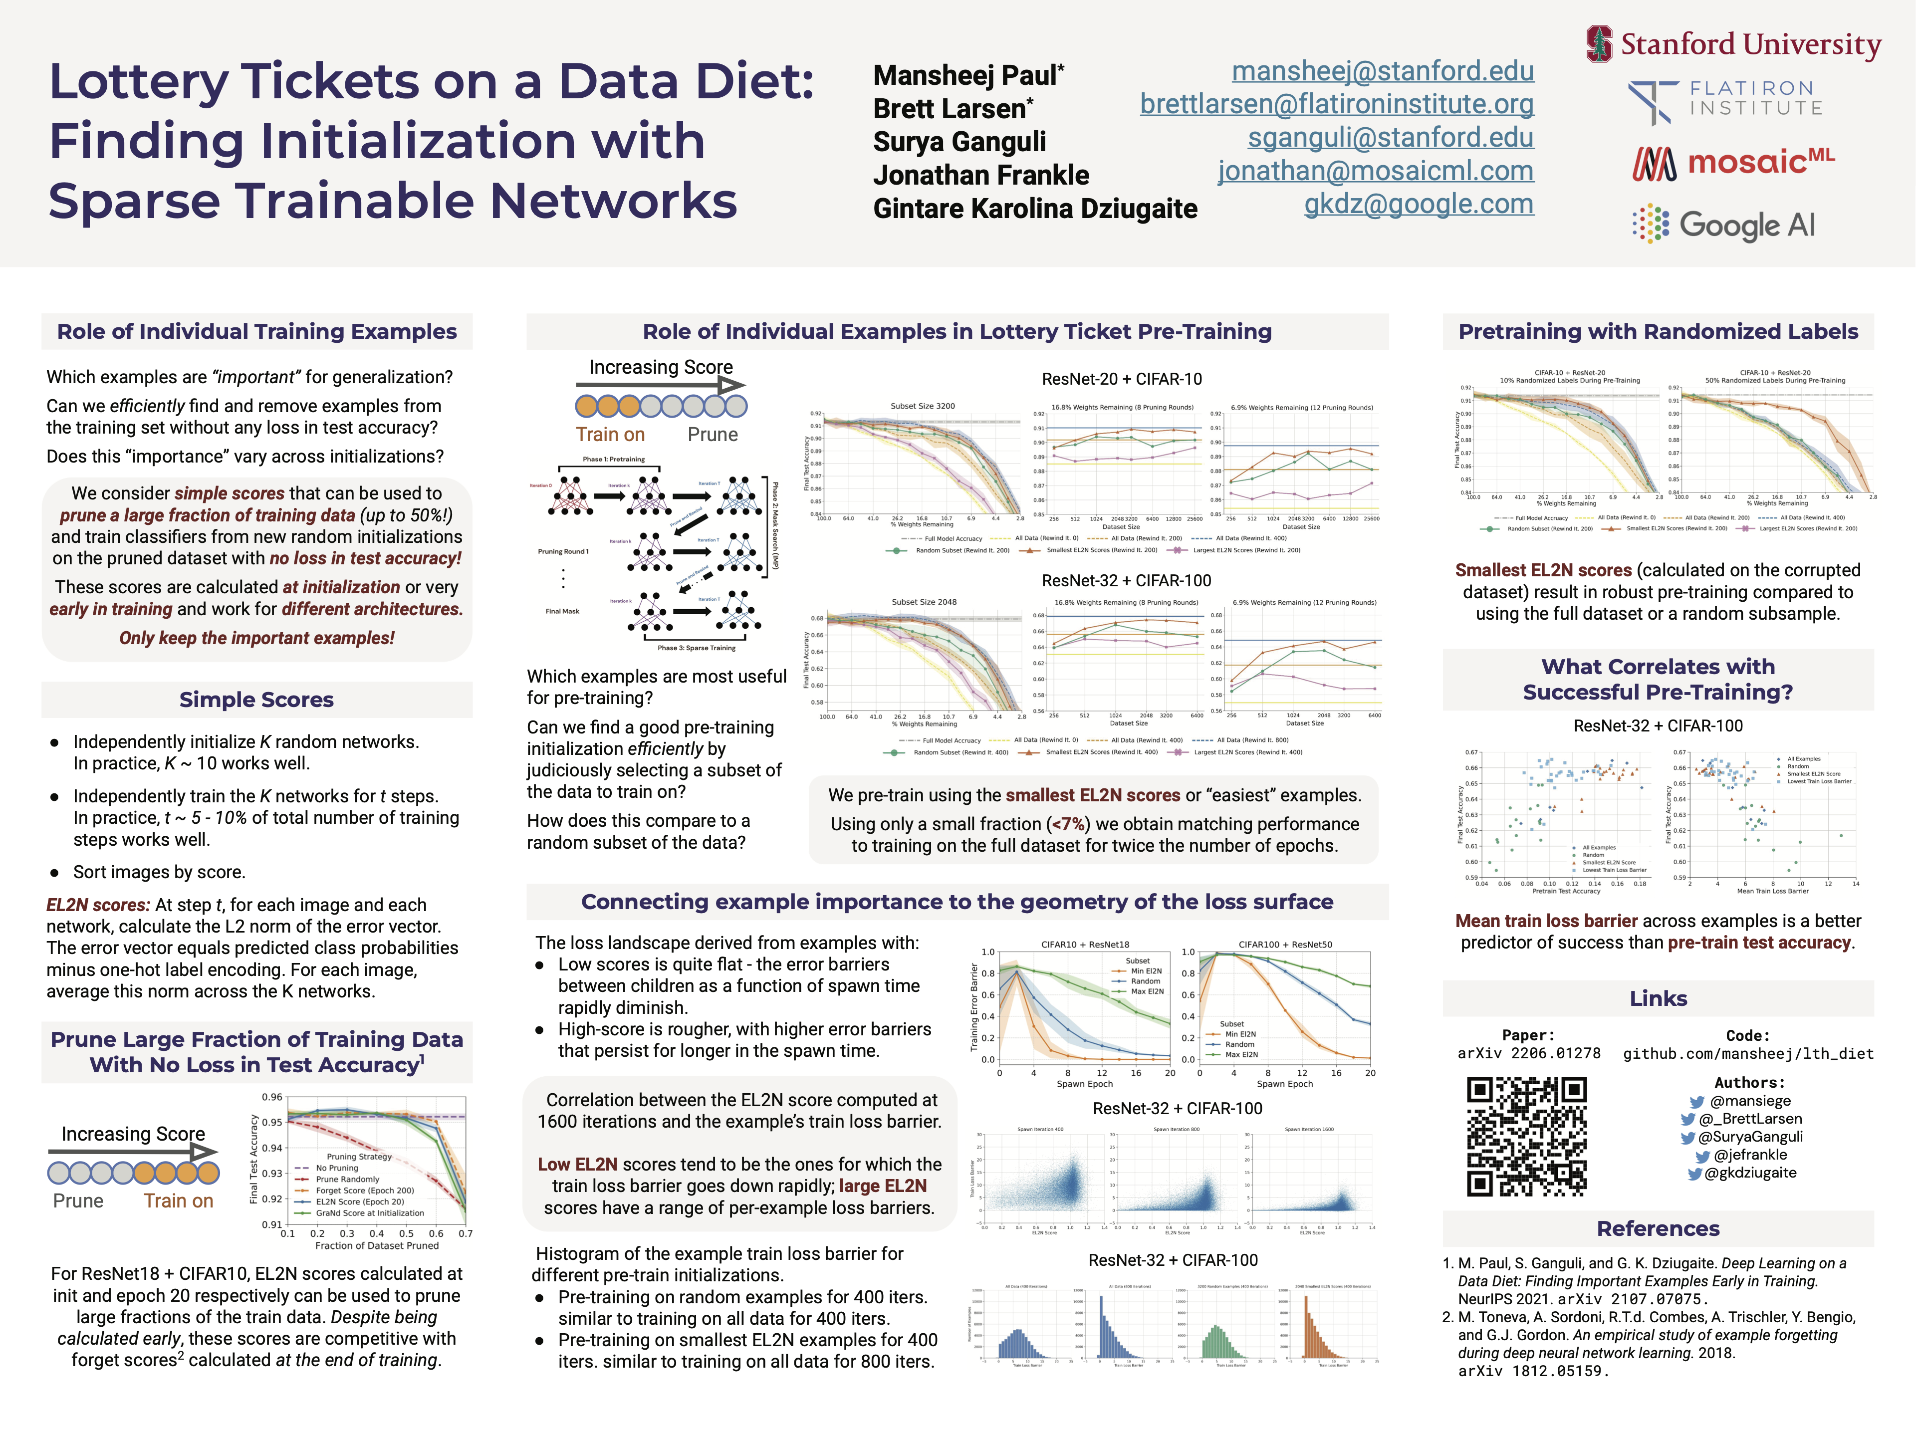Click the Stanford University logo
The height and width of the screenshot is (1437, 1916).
click(1733, 44)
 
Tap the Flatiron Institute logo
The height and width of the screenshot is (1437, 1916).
click(1725, 100)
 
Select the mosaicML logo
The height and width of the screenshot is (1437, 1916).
click(1733, 162)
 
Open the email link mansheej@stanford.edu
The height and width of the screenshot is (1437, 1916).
click(1383, 71)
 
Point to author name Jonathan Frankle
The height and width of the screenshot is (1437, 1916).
click(980, 176)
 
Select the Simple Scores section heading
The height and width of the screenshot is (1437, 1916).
click(256, 700)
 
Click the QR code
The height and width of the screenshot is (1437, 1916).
click(1526, 1136)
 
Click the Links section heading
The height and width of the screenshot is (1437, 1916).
click(1658, 999)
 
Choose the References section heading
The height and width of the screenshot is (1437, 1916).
click(1658, 1228)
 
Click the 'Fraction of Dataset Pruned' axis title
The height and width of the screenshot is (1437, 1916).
click(377, 1245)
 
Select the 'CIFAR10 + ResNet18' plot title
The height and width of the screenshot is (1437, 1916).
click(1084, 944)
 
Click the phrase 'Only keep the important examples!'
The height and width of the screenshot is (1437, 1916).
click(256, 638)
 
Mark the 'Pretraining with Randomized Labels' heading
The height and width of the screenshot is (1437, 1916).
click(1658, 332)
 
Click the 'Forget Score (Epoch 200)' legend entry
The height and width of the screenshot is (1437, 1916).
click(365, 1190)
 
